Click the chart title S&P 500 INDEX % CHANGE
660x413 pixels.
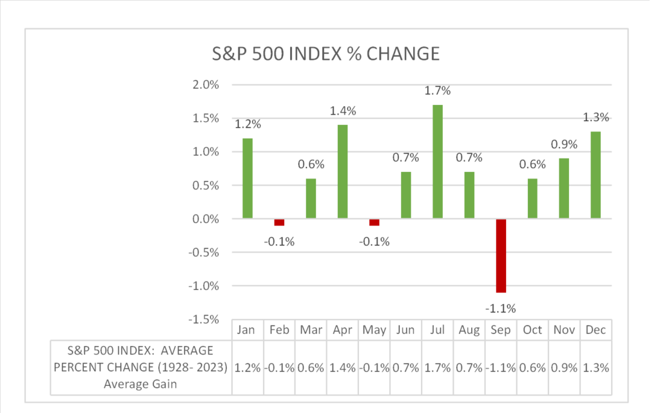[x=325, y=54]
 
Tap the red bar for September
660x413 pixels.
[x=501, y=255]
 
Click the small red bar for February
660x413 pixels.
[x=279, y=222]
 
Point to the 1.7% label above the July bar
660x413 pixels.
[x=438, y=91]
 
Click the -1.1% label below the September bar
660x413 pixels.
[x=501, y=308]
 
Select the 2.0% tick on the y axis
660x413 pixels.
[x=206, y=85]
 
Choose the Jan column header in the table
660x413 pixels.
[x=247, y=330]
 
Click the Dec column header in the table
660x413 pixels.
[x=596, y=330]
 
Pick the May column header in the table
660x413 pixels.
[x=374, y=330]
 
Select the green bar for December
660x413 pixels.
[x=596, y=175]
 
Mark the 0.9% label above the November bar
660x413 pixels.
[x=565, y=144]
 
